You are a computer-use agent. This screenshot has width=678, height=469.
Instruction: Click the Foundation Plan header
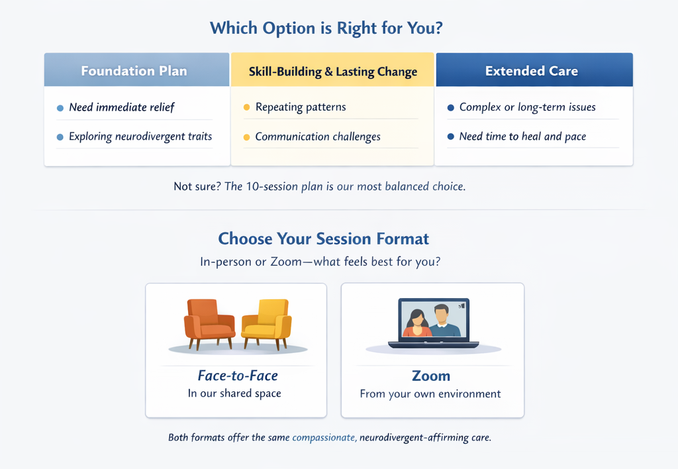point(134,70)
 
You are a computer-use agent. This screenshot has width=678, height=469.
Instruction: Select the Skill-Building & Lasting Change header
point(332,72)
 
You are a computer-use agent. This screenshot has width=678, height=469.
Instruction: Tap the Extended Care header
point(531,70)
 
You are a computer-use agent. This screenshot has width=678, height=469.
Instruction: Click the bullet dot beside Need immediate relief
point(60,107)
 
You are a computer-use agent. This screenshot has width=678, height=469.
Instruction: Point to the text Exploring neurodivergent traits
point(140,136)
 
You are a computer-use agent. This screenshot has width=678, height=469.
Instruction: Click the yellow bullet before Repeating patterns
point(246,107)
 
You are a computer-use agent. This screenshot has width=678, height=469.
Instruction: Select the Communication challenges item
point(318,136)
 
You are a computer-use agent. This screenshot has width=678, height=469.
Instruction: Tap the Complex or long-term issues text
point(527,107)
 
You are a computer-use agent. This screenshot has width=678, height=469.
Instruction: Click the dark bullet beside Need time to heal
point(451,136)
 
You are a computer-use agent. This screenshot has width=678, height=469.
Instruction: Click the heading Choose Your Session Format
point(323,238)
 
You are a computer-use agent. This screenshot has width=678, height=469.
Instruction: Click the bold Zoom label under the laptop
point(430,376)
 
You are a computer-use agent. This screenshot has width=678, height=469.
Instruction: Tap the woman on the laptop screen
point(417,323)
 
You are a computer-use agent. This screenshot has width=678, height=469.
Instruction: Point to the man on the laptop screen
point(442,321)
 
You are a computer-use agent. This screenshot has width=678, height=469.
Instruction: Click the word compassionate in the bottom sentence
point(324,438)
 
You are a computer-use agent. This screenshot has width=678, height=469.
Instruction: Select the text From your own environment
point(430,393)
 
